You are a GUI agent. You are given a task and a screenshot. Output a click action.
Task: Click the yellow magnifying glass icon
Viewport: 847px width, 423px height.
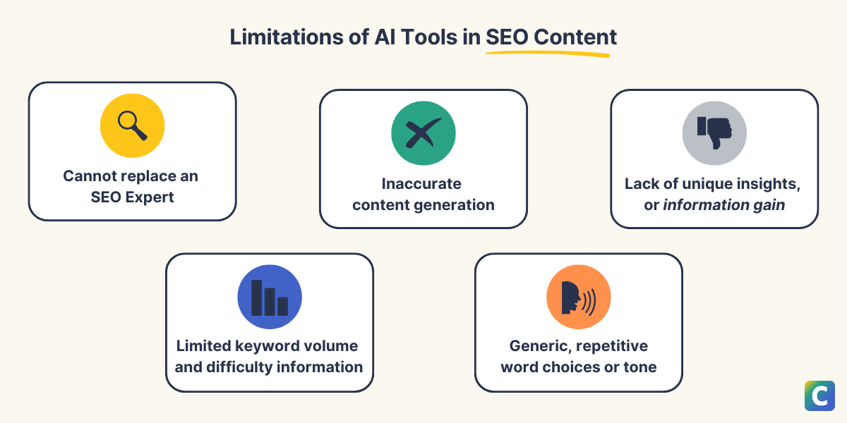coord(132,126)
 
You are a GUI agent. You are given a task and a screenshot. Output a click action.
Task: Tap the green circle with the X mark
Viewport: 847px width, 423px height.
coord(423,133)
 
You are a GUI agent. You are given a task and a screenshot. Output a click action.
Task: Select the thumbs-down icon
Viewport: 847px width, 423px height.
coord(714,133)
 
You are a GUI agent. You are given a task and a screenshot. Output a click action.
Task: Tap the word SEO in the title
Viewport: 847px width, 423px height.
coord(507,37)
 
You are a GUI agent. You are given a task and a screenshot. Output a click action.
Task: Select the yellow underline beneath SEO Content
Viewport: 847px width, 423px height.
coord(547,54)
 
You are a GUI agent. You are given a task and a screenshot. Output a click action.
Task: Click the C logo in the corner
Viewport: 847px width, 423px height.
coord(819,396)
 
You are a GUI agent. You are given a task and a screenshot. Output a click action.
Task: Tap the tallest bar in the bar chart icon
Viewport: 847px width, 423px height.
coord(257,297)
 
